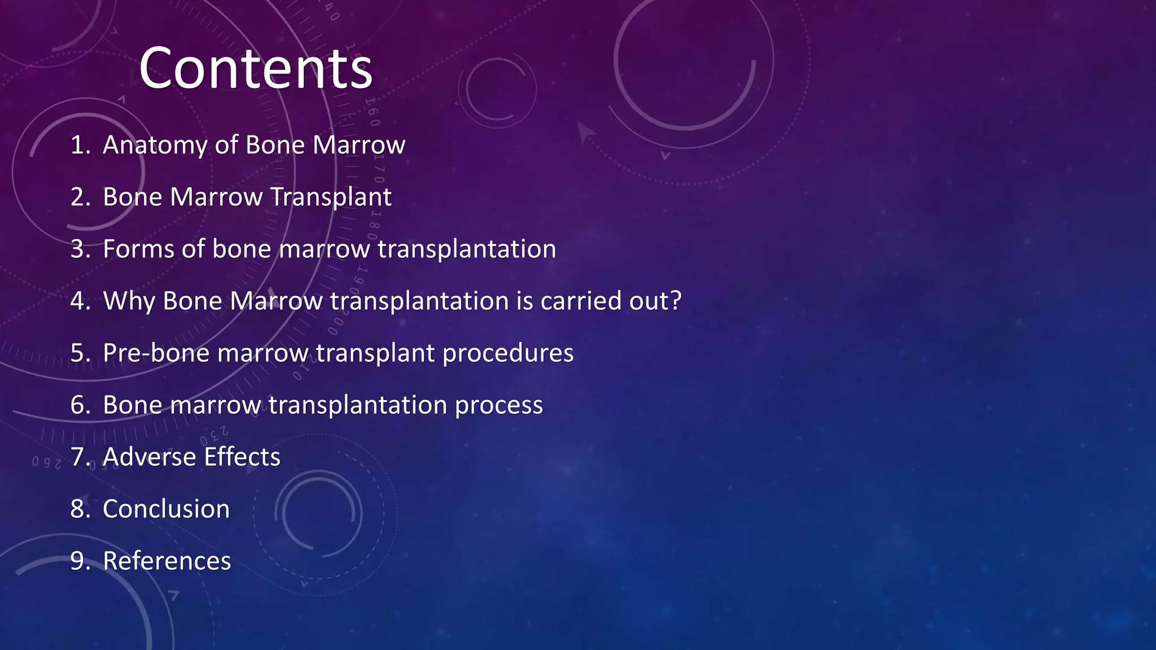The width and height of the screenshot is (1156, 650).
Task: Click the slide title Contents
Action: tap(255, 69)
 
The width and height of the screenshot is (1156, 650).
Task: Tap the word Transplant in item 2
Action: tap(331, 197)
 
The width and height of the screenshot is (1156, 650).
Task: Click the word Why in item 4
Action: tap(129, 301)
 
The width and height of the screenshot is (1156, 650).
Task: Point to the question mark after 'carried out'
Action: tap(675, 300)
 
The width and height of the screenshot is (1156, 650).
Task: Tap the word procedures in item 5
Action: tap(508, 353)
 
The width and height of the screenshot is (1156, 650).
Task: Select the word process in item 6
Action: tap(499, 405)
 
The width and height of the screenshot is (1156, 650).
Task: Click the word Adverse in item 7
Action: tap(149, 457)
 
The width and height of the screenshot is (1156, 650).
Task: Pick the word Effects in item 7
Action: tap(242, 457)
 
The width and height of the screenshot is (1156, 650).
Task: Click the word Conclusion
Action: tap(166, 509)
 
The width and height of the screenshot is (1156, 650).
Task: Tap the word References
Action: tap(167, 561)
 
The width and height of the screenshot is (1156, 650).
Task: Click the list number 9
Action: tap(78, 561)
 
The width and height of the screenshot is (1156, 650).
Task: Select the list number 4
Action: tap(78, 301)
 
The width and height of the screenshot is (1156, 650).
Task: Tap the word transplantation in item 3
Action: tap(466, 249)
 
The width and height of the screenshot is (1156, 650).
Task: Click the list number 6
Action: tap(78, 405)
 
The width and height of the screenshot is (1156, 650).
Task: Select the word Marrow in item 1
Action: tap(358, 145)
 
